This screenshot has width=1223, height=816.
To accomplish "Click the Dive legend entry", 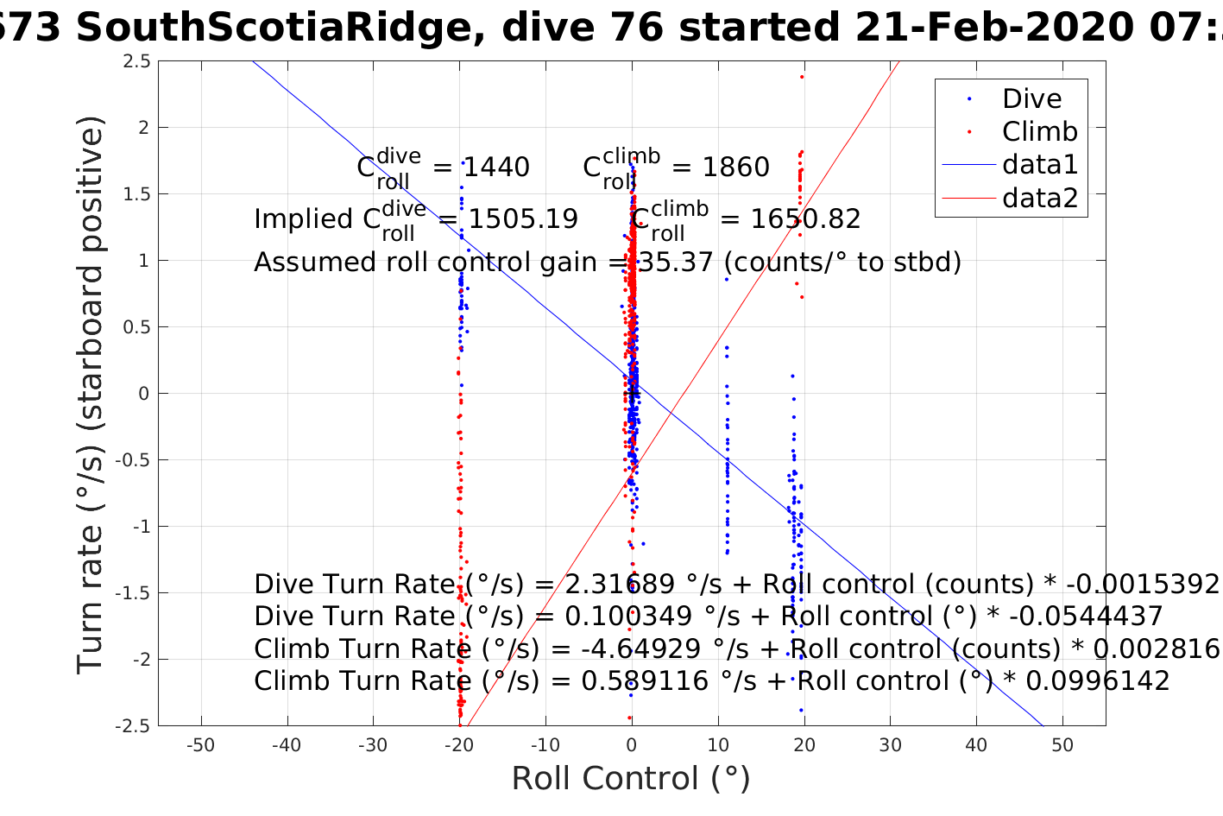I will coord(1031,98).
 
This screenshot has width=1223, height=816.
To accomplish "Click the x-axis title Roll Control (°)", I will coord(631,778).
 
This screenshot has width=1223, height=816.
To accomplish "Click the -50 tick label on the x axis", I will coord(200,745).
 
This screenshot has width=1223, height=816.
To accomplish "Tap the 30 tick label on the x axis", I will coord(890,745).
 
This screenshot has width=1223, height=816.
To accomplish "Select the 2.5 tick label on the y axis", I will coord(136,61).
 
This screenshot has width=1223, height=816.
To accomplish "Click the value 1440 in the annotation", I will coord(496,167).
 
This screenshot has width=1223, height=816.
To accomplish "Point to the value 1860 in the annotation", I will coord(735,167).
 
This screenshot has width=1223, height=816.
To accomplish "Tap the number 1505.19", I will coord(522,218).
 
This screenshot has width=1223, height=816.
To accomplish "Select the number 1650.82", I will coord(805,218).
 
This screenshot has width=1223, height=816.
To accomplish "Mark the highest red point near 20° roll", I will coord(802,77).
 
